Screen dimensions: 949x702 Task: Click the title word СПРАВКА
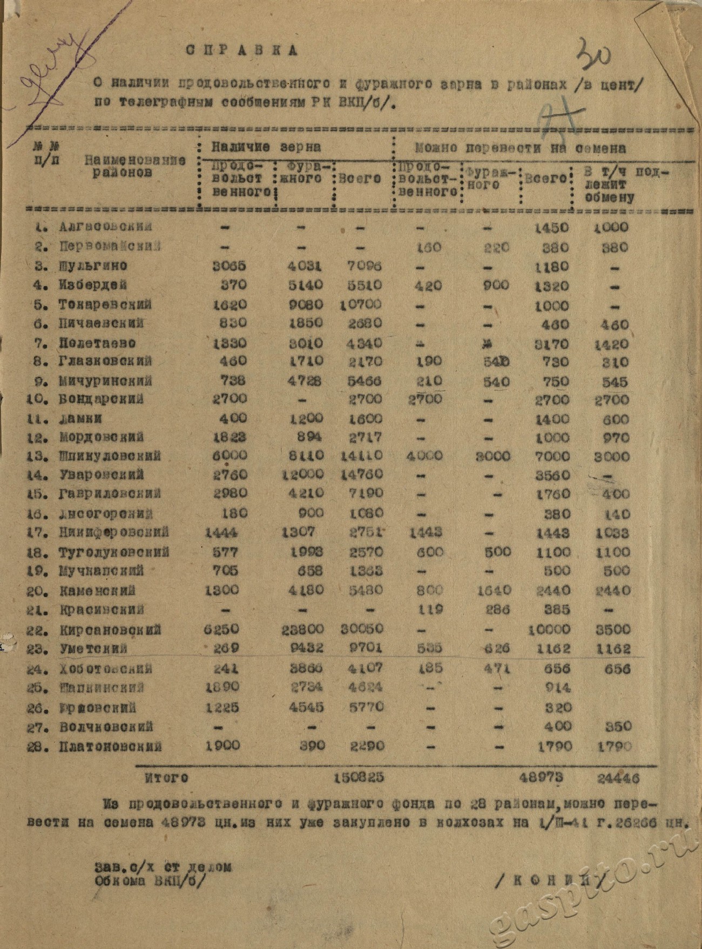(241, 51)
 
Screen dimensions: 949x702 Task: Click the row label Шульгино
(92, 266)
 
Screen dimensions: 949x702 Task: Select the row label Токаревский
(105, 304)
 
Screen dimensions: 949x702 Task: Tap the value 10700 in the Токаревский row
(361, 305)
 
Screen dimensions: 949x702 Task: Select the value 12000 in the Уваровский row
(302, 474)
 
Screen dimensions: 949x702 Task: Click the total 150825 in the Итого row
(359, 778)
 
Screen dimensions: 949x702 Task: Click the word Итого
(166, 778)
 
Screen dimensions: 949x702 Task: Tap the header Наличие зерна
(266, 147)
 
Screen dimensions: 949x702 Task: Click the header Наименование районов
(135, 166)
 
